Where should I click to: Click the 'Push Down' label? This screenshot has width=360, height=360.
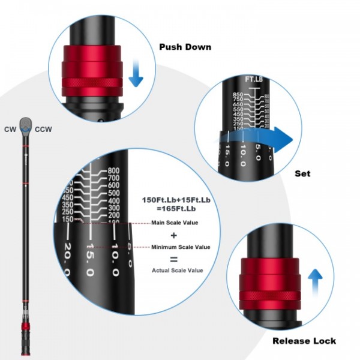coord(185,47)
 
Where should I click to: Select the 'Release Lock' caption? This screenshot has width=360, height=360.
coord(304,341)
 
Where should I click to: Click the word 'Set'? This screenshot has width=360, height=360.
coord(302,173)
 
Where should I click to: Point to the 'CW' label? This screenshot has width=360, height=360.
coord(10,128)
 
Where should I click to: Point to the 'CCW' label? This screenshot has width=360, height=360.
coord(43,128)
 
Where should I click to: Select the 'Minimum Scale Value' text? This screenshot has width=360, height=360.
coord(180,247)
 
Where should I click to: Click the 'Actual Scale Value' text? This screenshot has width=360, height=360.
coord(178,270)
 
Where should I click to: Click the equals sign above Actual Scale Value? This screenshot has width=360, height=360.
coord(173,259)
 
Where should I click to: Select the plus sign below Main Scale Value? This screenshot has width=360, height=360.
coord(173,235)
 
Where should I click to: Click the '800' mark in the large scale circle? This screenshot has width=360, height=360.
coord(114,170)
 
